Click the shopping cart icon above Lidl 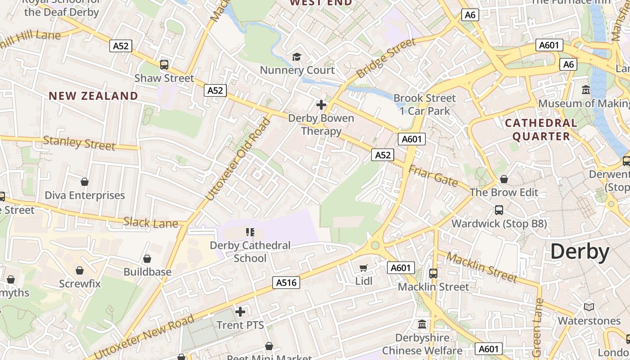pos(364,268)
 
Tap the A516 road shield pos(286,283)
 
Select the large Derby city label pos(580,252)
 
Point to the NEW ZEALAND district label pos(94,96)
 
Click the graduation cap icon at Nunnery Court pos(297,57)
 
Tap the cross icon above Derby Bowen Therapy pos(321,105)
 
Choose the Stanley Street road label pos(79,143)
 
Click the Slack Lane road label pos(151,222)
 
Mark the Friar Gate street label pos(433,176)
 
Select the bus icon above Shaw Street pos(164,65)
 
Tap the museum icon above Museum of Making pos(585,90)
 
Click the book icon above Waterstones pos(589,307)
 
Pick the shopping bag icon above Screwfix pos(80,270)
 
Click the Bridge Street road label pos(386,58)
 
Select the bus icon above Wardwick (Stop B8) pos(499,210)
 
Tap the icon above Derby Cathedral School pos(250,232)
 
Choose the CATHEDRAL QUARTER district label pos(541,130)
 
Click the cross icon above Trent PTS pos(240,311)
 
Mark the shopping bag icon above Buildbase pos(147,259)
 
